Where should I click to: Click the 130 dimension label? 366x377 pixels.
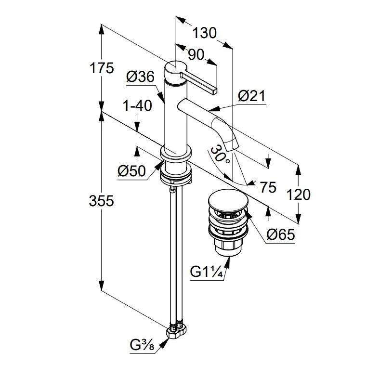click(204, 33)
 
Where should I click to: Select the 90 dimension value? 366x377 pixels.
click(196, 54)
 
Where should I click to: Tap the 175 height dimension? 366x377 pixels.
click(102, 68)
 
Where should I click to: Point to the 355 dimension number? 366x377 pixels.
click(101, 201)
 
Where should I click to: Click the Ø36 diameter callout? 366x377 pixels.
click(141, 77)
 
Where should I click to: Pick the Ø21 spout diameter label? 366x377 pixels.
click(251, 96)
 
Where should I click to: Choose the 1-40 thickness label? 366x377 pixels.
click(138, 105)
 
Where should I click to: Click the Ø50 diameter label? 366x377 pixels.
click(132, 171)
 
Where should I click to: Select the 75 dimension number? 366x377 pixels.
click(268, 187)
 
